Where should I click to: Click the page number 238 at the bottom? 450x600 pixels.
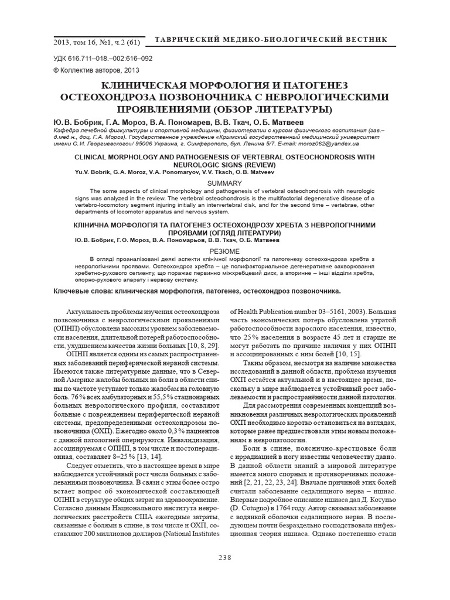pos(225,557)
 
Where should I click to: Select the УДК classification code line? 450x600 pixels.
pos(103,59)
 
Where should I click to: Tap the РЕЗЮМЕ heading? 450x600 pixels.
pos(225,249)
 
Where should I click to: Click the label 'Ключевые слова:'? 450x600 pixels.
pos(83,291)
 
